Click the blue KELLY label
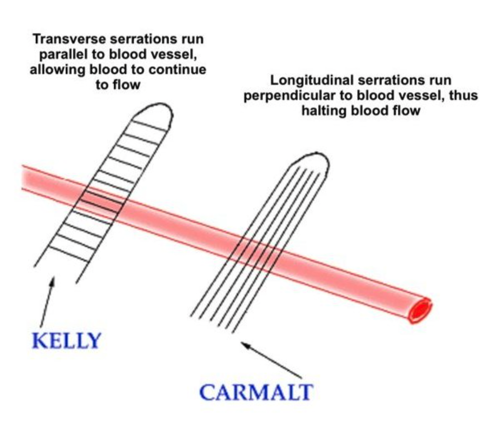coord(67,340)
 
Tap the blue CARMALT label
coord(256,392)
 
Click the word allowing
coord(58,69)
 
